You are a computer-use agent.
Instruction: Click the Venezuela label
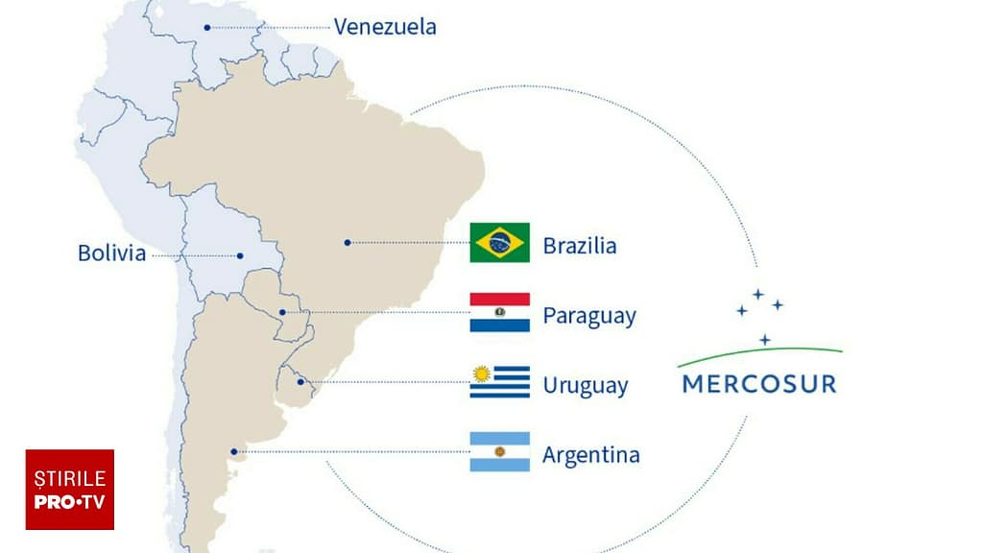click(385, 26)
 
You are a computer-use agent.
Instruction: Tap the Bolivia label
click(111, 253)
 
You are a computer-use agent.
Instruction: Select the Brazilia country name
click(580, 246)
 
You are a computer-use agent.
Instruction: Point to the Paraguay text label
click(589, 316)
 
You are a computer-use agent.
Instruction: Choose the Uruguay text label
click(586, 386)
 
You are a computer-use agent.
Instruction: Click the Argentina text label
click(590, 454)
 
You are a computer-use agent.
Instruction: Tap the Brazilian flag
click(499, 243)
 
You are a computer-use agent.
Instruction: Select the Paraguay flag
click(499, 313)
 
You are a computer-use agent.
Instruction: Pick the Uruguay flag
click(499, 382)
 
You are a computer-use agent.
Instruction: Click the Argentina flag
click(499, 452)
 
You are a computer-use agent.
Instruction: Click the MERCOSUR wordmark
click(758, 384)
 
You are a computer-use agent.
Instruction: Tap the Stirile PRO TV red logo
click(69, 490)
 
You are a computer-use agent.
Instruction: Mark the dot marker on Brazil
click(348, 243)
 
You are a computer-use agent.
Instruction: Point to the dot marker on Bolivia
click(241, 255)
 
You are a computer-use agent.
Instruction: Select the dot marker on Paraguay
click(281, 313)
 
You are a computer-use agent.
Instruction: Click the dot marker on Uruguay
click(300, 382)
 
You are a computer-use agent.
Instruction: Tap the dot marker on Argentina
click(233, 451)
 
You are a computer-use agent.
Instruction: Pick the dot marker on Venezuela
click(207, 27)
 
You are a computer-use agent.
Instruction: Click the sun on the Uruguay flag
click(482, 373)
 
